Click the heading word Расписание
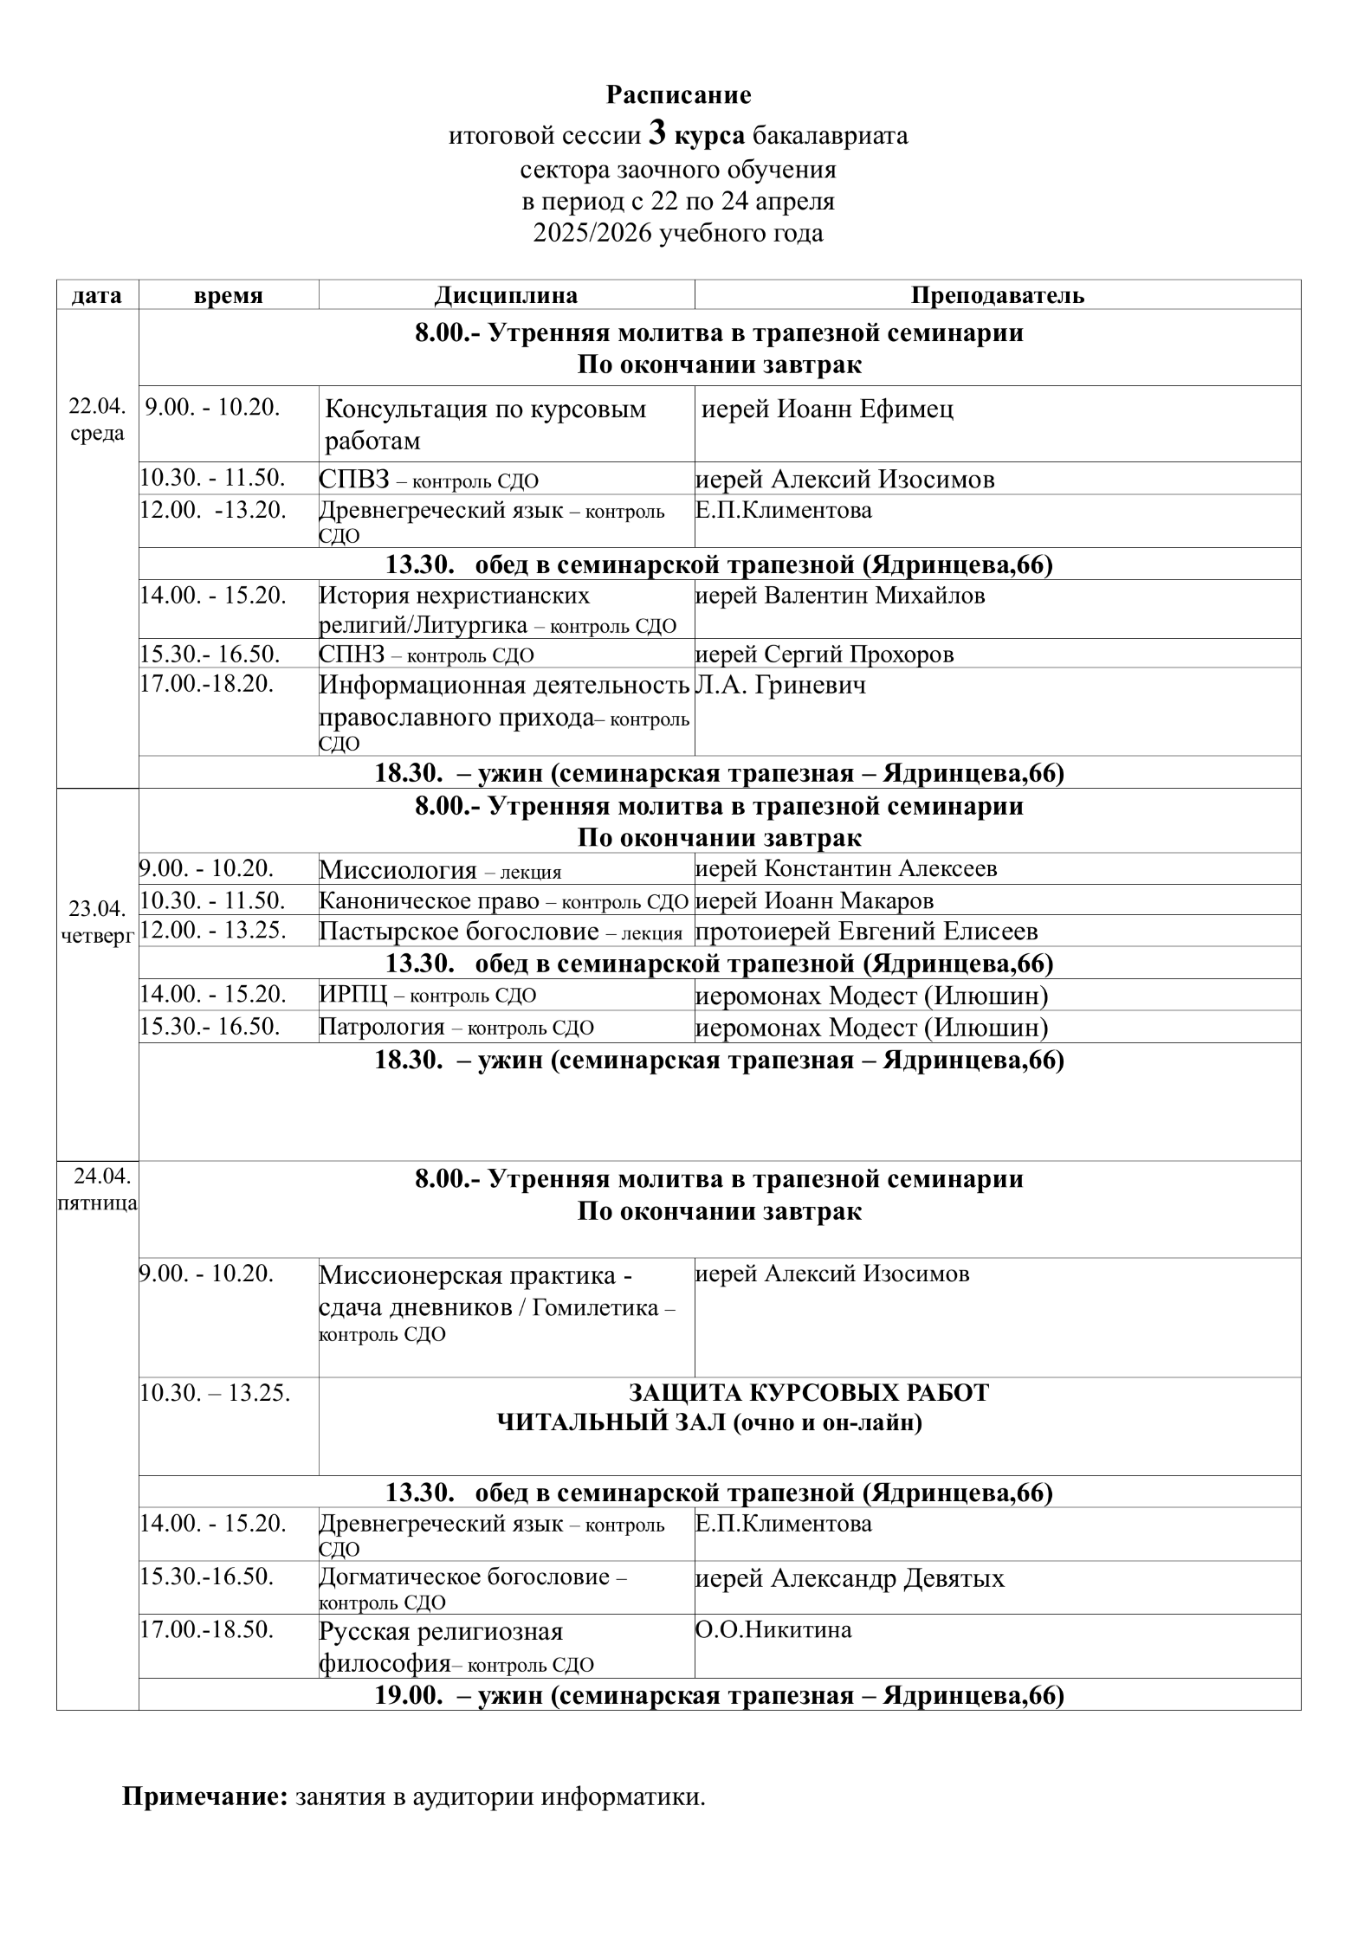tap(678, 94)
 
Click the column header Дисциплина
tap(506, 295)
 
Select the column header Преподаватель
tap(997, 295)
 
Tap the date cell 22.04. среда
tap(97, 420)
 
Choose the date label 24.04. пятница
tap(97, 1190)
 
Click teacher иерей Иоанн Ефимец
tap(827, 409)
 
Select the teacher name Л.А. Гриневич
tap(780, 686)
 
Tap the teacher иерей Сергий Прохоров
tap(824, 654)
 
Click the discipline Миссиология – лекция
tap(440, 870)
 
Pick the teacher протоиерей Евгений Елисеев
tap(866, 932)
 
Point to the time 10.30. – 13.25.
tap(216, 1393)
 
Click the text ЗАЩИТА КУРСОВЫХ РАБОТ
tap(808, 1393)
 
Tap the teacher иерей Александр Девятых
tap(850, 1578)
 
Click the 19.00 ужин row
tap(719, 1695)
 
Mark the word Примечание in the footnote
tap(204, 1797)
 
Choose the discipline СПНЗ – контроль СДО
tap(426, 655)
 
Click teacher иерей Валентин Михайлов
tap(840, 596)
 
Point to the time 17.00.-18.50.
tap(207, 1630)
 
